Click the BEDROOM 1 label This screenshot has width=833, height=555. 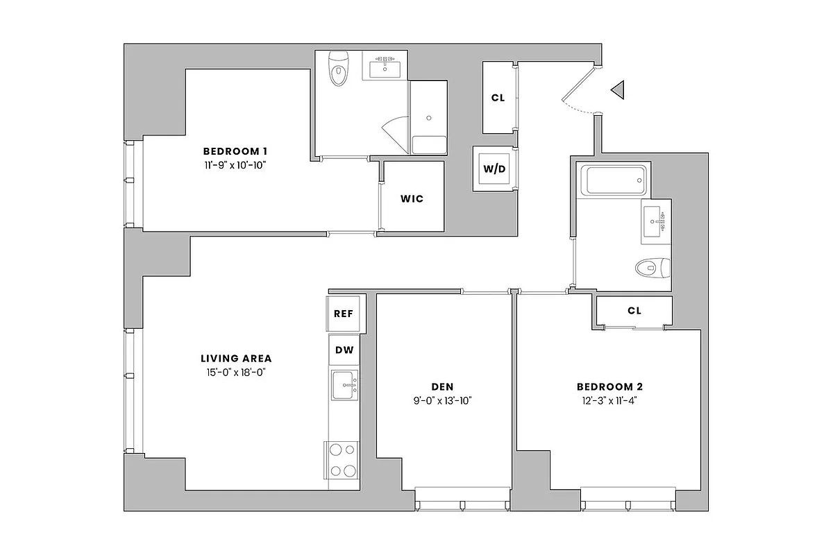(x=235, y=151)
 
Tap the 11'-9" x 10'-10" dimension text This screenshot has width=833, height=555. (x=235, y=165)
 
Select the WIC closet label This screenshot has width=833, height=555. (x=412, y=199)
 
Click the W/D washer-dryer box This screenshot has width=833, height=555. (x=494, y=169)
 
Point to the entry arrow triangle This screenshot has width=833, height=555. (x=618, y=89)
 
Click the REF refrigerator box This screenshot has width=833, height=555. (x=343, y=314)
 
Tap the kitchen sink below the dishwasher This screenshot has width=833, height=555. (x=343, y=385)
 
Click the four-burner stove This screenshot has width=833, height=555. (x=342, y=460)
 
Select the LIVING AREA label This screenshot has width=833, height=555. (x=236, y=359)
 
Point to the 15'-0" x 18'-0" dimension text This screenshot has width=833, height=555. (x=236, y=373)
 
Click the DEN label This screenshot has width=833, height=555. (x=443, y=386)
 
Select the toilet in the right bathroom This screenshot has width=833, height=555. (x=653, y=266)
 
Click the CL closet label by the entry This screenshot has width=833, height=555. (x=498, y=98)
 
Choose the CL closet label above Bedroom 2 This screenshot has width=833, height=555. (x=634, y=311)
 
